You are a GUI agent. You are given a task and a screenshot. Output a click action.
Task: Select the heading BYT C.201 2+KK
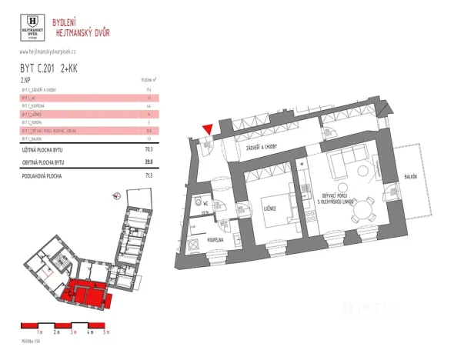click(48, 68)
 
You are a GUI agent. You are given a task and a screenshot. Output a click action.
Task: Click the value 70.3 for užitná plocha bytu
click(149, 151)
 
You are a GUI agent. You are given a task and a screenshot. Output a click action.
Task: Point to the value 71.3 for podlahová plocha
click(149, 175)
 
